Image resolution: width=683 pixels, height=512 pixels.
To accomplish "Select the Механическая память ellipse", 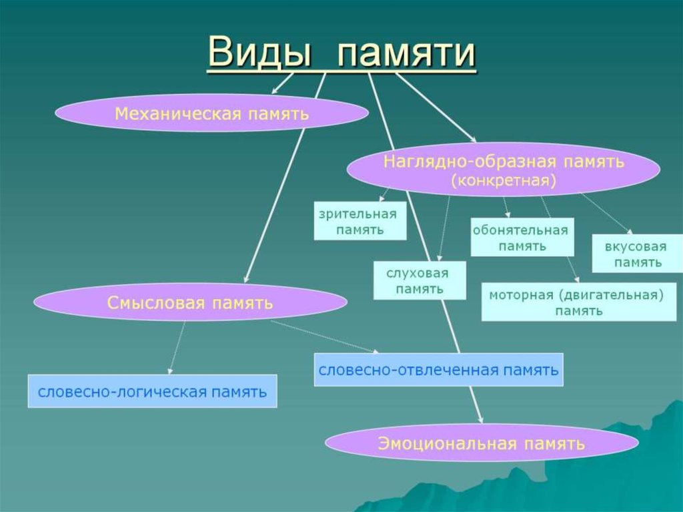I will click(x=211, y=113).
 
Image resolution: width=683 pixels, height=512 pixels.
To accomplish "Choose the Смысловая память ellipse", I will click(x=190, y=302).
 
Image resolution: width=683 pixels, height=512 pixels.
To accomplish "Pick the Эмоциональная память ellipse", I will click(x=481, y=443).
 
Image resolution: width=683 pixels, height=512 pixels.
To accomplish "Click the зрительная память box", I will click(x=360, y=222).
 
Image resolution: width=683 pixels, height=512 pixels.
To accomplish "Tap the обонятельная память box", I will click(x=522, y=237).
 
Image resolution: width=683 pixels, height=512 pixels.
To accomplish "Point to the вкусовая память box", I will click(x=636, y=254).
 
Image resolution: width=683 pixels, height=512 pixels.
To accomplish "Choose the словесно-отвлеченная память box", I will click(x=438, y=369).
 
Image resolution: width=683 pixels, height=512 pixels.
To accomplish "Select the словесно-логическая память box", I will click(x=152, y=391).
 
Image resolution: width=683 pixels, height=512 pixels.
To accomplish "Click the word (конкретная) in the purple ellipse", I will click(x=504, y=180).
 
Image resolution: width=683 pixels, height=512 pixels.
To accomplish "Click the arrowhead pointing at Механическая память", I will click(x=273, y=91).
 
